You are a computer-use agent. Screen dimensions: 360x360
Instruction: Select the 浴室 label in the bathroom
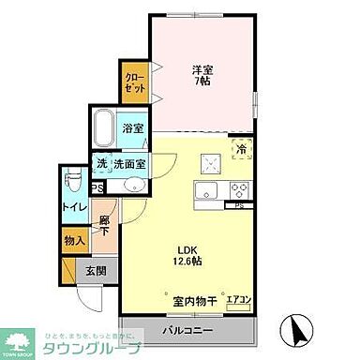point(132,128)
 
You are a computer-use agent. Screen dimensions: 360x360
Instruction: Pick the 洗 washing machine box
point(101,164)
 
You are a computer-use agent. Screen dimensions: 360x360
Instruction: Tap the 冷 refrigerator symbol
point(242,149)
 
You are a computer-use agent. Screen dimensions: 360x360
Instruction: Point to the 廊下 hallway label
point(105,223)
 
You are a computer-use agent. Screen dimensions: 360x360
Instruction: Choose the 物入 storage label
point(75,241)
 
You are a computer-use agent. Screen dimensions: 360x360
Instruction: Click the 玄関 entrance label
point(96,272)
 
